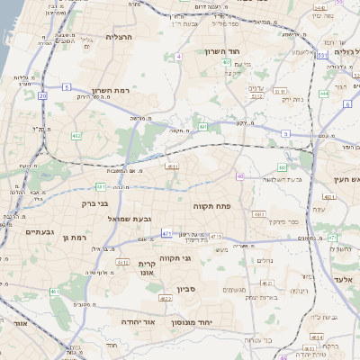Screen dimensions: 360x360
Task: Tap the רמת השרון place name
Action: (x=112, y=91)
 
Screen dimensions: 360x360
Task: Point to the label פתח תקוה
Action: (x=212, y=206)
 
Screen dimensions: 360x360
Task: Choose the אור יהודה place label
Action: (x=139, y=321)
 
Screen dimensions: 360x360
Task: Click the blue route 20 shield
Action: (x=42, y=94)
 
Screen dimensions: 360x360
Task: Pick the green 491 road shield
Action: (x=203, y=128)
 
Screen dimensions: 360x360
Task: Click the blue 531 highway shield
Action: (x=321, y=55)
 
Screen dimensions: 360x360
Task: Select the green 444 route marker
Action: (x=323, y=93)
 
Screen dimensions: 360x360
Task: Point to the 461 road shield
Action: (x=55, y=292)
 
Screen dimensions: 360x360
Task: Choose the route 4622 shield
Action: (x=165, y=297)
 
